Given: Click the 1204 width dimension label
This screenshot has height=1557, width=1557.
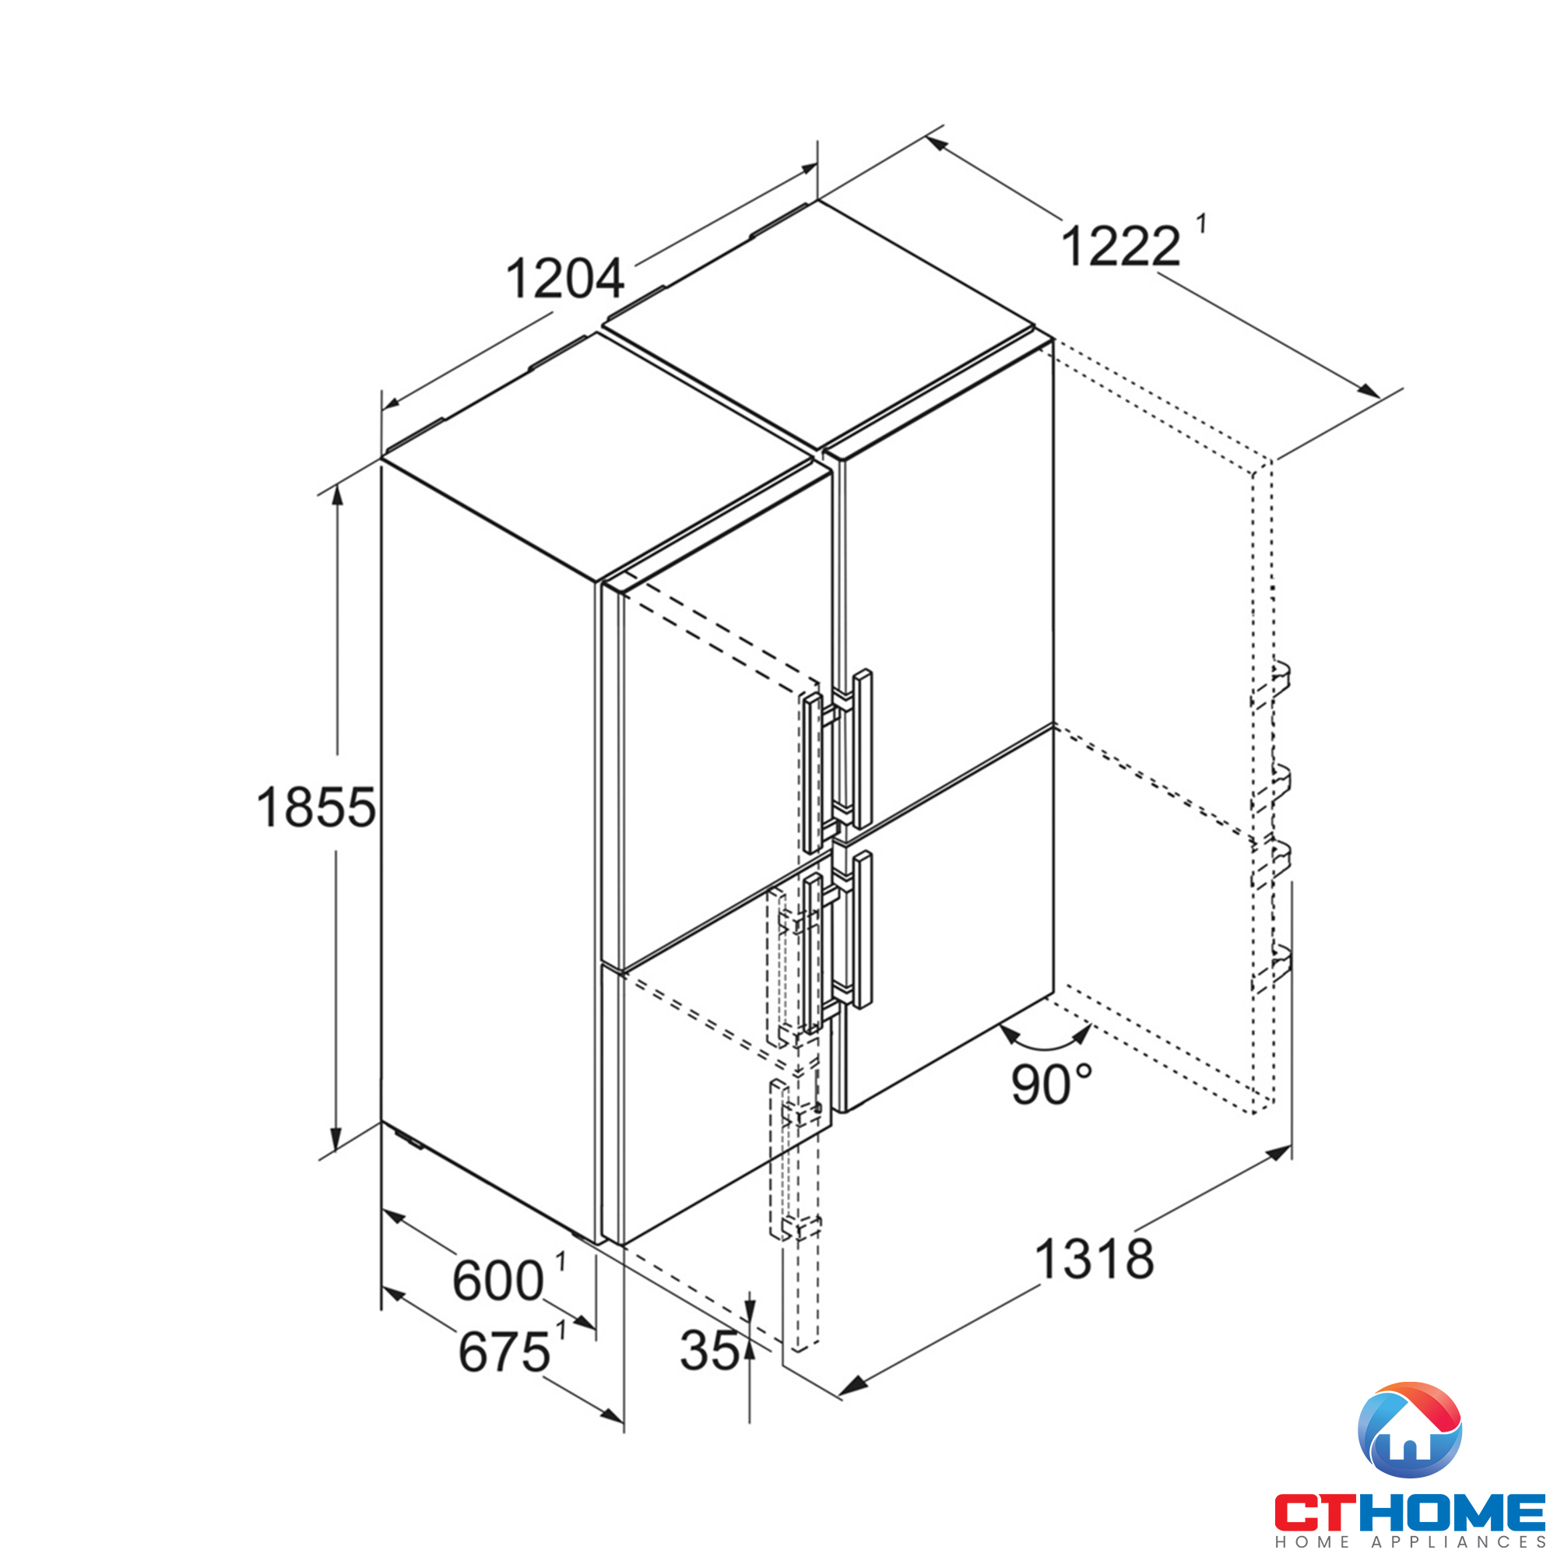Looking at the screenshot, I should pos(564,279).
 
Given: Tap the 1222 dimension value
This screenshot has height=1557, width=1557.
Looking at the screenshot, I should pos(1120,247).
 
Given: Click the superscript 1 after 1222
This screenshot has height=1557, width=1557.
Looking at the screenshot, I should pos(1200,223).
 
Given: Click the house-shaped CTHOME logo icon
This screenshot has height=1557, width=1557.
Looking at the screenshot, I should pos(1410,1429).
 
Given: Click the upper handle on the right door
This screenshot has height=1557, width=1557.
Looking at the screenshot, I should pos(863,749).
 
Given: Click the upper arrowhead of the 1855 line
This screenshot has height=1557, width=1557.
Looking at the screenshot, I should pos(337,493).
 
